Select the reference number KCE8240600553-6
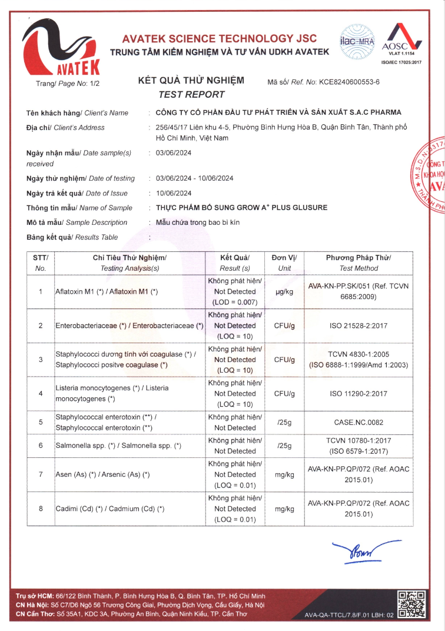[349, 82]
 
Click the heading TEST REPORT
[191, 94]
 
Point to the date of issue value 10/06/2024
[174, 193]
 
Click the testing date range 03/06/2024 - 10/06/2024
[195, 178]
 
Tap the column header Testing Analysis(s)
[129, 268]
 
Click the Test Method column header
[358, 268]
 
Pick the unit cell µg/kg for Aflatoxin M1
[284, 291]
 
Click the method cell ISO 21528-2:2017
[358, 326]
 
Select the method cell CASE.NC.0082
[358, 422]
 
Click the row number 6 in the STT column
[41, 446]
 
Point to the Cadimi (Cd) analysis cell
[109, 509]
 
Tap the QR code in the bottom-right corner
[411, 604]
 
